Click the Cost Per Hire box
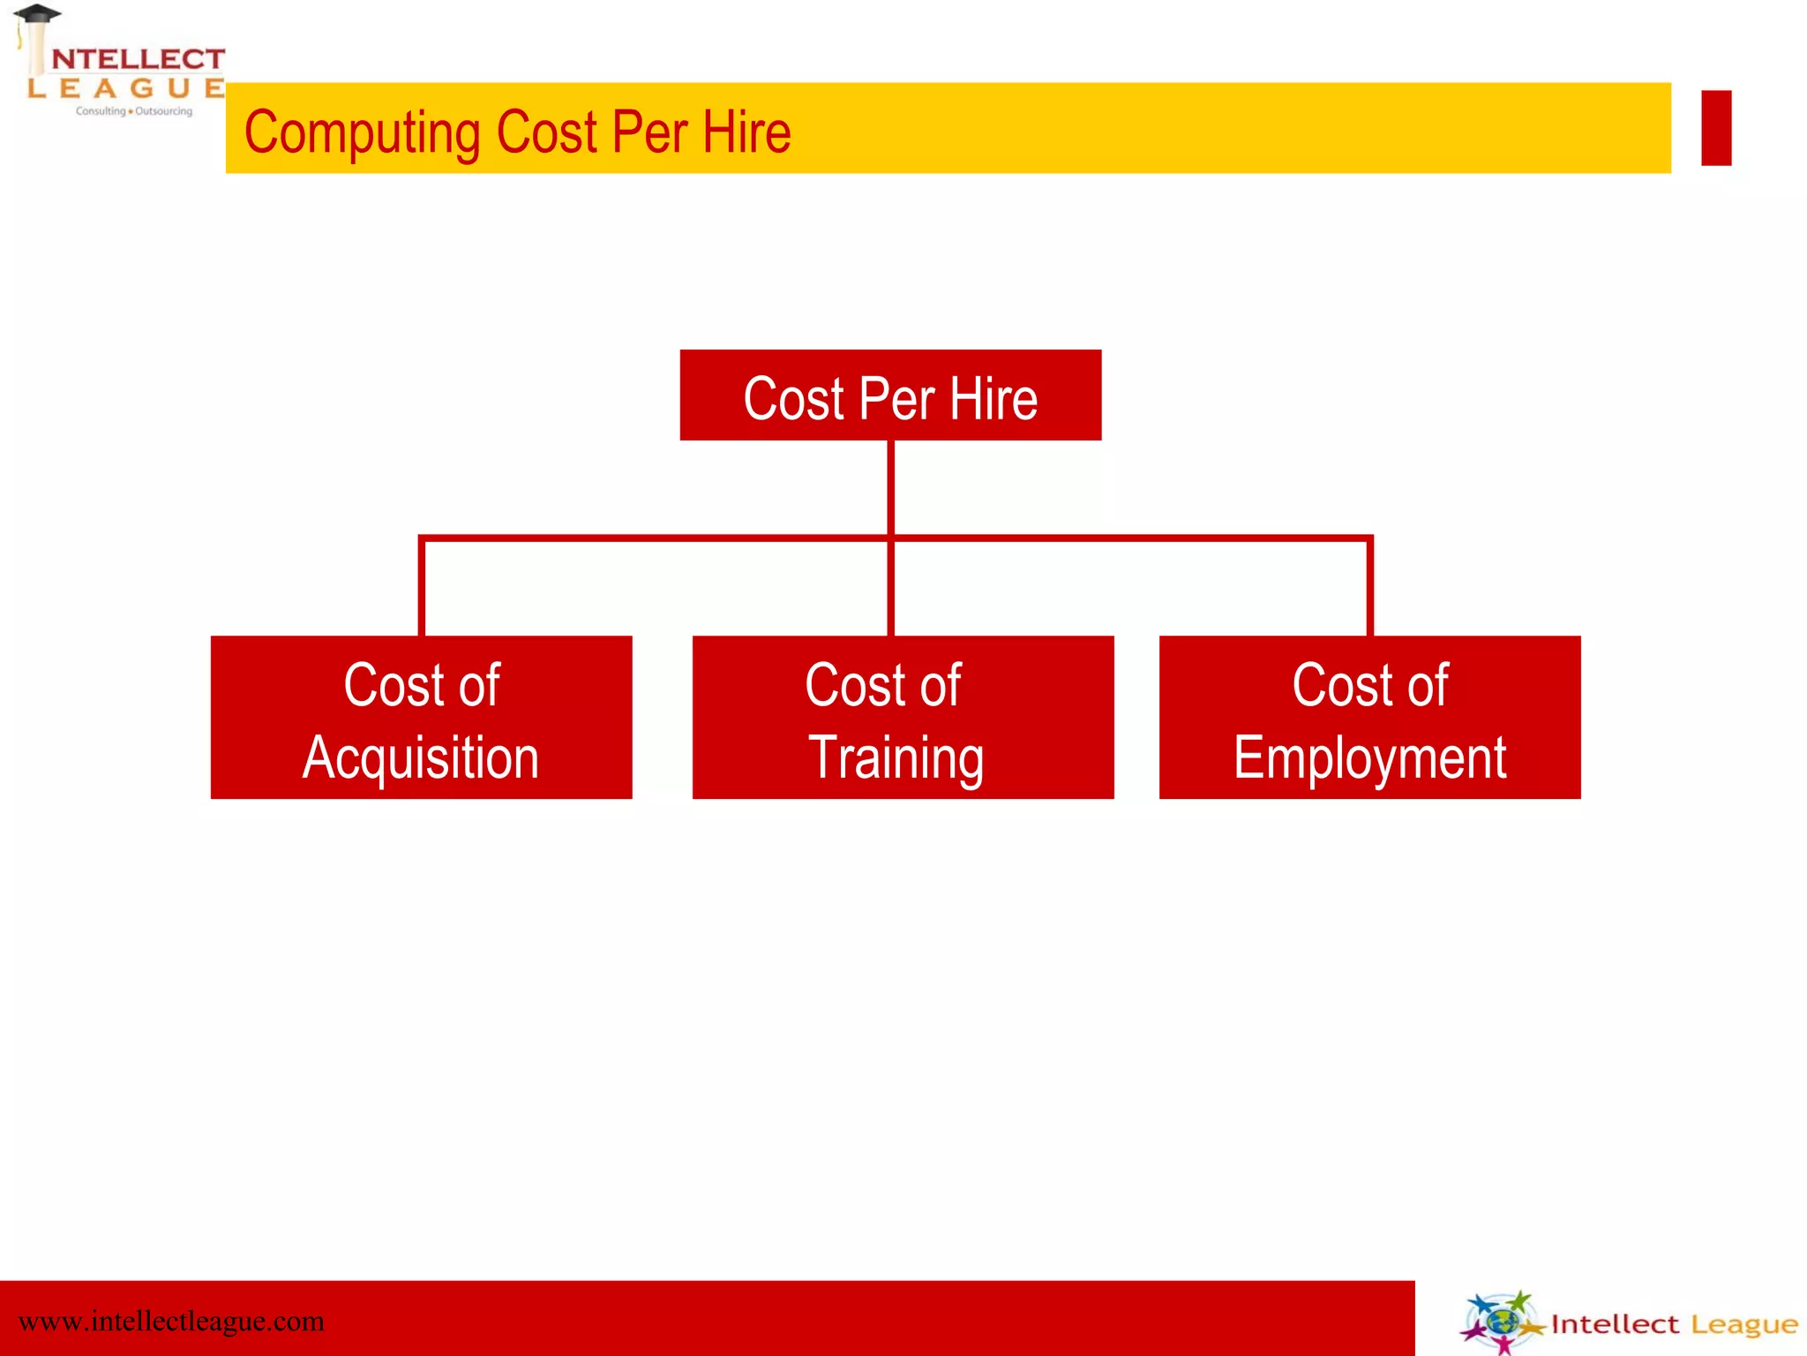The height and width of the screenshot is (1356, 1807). pyautogui.click(x=890, y=395)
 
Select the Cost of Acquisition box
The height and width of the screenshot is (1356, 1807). pyautogui.click(x=421, y=717)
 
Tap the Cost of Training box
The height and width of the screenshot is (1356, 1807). pyautogui.click(x=903, y=717)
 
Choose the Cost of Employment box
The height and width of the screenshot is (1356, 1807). pyautogui.click(x=1369, y=717)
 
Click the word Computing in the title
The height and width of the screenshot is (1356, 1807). pyautogui.click(x=362, y=132)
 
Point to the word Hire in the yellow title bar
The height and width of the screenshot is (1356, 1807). pyautogui.click(x=746, y=132)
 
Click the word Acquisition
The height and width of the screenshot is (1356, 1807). pyautogui.click(x=421, y=757)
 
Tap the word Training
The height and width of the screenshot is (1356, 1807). pyautogui.click(x=896, y=757)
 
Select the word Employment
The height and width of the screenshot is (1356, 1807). pyautogui.click(x=1369, y=757)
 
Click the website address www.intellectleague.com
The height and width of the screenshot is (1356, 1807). pyautogui.click(x=171, y=1322)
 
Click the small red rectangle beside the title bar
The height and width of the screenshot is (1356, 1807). pyautogui.click(x=1716, y=128)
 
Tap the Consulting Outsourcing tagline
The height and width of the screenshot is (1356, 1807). pyautogui.click(x=134, y=111)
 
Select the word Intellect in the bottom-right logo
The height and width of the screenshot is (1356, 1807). pyautogui.click(x=1615, y=1324)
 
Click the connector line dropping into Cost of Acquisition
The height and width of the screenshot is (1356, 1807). pyautogui.click(x=422, y=587)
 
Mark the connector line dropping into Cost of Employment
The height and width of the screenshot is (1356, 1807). pyautogui.click(x=1369, y=587)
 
